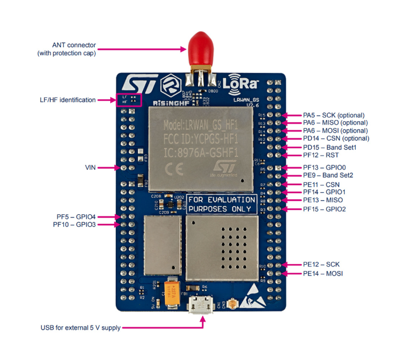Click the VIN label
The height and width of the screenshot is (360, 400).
click(x=90, y=168)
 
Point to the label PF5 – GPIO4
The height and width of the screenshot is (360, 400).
click(x=76, y=216)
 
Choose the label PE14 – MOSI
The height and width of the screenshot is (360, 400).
click(x=323, y=274)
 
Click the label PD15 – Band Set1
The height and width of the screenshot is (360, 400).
click(x=330, y=147)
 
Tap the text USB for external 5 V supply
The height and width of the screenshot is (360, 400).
click(x=80, y=328)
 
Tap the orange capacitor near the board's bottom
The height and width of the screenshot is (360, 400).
click(x=172, y=291)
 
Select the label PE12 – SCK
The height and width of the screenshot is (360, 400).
click(x=321, y=264)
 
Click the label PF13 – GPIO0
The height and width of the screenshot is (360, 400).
click(x=325, y=167)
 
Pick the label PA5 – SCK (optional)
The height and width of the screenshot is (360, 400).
click(x=335, y=115)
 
